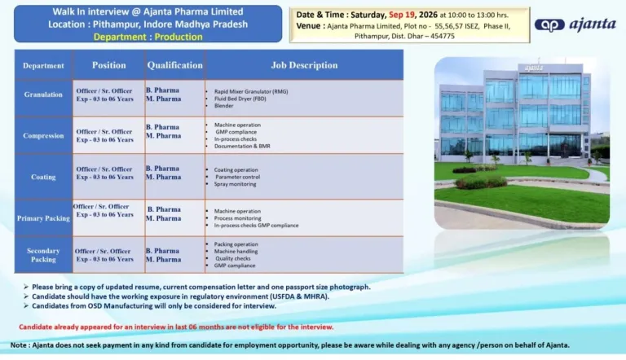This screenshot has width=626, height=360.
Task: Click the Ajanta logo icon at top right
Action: [x=549, y=25]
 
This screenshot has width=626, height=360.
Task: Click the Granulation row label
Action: [x=43, y=94]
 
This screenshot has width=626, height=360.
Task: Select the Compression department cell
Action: [x=43, y=136]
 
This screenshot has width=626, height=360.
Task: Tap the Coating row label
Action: [x=43, y=177]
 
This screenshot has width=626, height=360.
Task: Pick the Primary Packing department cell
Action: [x=43, y=218]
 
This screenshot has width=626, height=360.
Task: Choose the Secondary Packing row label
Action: [x=43, y=255]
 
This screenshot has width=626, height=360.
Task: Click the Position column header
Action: [x=109, y=65]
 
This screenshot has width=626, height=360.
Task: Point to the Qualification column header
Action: [x=175, y=65]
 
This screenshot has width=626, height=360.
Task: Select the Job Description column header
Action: [x=304, y=65]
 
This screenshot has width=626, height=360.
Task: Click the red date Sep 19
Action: [x=402, y=15]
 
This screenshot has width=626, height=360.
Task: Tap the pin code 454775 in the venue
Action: [x=442, y=36]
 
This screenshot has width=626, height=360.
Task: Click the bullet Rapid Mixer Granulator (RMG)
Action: [x=251, y=91]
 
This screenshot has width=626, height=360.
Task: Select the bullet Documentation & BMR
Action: [x=242, y=146]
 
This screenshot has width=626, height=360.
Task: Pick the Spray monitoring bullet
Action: [x=235, y=184]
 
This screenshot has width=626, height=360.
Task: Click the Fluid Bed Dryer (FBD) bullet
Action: [x=240, y=99]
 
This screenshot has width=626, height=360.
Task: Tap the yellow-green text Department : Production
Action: [x=148, y=37]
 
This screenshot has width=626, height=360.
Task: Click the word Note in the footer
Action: [x=19, y=345]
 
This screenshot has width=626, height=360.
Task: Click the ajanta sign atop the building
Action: [x=533, y=68]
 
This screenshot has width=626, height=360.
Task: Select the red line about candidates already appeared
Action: [x=176, y=327]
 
